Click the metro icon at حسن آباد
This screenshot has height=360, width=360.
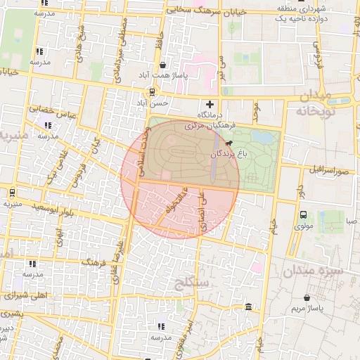(153, 92)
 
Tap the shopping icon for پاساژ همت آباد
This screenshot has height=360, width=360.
(163, 65)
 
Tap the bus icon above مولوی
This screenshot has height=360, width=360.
(303, 214)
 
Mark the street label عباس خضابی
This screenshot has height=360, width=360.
(41, 114)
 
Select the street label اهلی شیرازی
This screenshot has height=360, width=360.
(25, 295)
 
